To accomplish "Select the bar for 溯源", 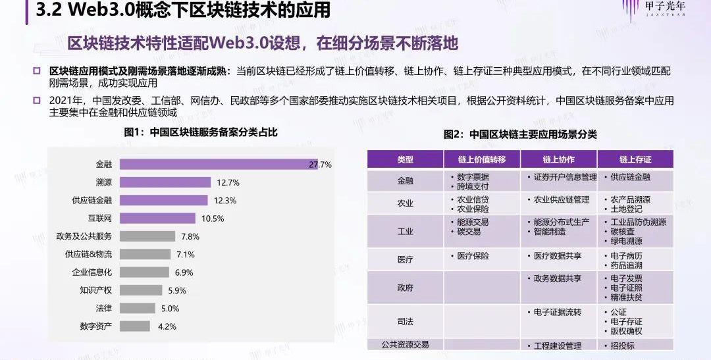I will coord(165,182).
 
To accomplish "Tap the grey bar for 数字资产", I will coord(135,326).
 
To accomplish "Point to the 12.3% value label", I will coord(225,201).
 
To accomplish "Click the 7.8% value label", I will coord(190,236).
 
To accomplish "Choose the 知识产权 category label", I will coord(95,290).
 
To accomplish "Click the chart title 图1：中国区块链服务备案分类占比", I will coord(201,132).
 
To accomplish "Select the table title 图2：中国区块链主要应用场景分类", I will coord(520,135).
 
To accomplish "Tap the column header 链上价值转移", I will coord(482,159).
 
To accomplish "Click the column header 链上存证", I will coord(635,159).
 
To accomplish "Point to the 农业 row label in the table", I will coord(406,203).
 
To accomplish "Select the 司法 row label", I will coord(406,321).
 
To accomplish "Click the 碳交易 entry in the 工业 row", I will coord(469,232).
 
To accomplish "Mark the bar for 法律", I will coord(138,308).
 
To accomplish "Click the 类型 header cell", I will coord(406,159).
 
